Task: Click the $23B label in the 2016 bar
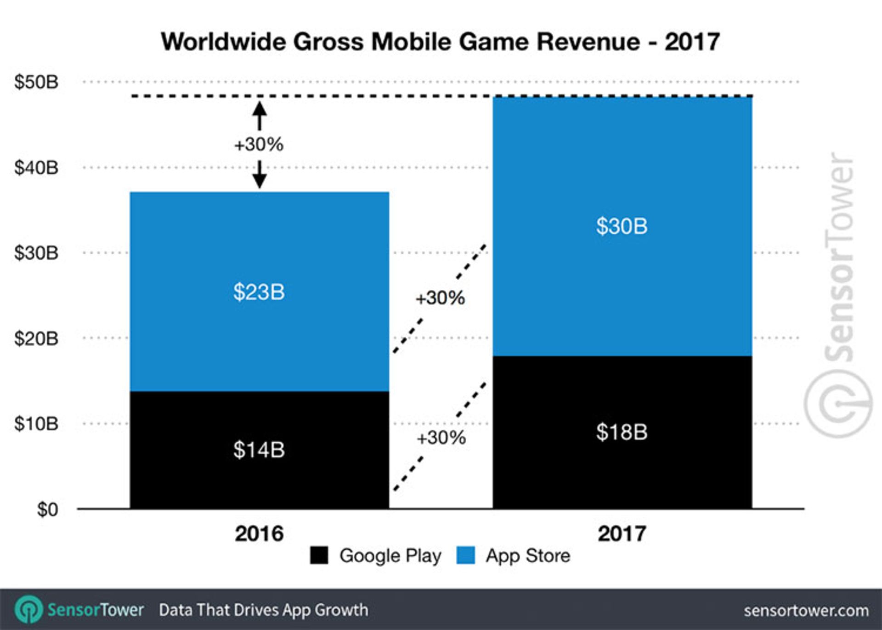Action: (x=259, y=292)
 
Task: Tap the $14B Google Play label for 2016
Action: (x=259, y=450)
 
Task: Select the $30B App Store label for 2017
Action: (x=622, y=226)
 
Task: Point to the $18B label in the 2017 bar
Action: (x=622, y=432)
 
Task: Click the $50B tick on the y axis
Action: (x=36, y=82)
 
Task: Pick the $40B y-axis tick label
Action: (x=36, y=168)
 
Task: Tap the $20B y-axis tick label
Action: (x=36, y=339)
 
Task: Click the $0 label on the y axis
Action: (x=47, y=510)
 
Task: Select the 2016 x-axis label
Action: (x=259, y=534)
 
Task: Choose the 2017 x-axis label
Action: (x=622, y=534)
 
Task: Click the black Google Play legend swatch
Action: (x=319, y=556)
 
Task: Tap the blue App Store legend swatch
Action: (x=465, y=556)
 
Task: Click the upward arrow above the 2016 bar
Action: (x=260, y=115)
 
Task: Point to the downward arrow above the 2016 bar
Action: (x=260, y=175)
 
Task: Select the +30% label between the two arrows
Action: (x=259, y=145)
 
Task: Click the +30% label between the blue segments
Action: (x=440, y=298)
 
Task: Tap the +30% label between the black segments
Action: (x=441, y=438)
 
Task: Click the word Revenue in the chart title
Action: (x=588, y=42)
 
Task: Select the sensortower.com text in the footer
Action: (x=806, y=611)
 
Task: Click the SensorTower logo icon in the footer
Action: (x=28, y=610)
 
